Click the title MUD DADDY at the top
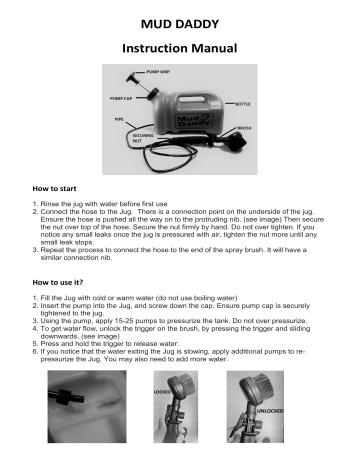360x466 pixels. tap(179, 23)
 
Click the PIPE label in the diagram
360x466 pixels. tap(104, 120)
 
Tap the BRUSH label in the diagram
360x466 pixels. tap(264, 128)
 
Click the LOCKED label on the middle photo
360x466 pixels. tap(162, 393)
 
